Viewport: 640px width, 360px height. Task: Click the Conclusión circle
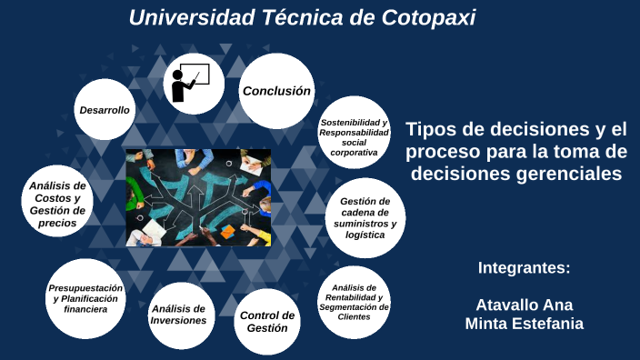pyautogui.click(x=276, y=91)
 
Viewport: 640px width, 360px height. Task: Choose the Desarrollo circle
pyautogui.click(x=105, y=110)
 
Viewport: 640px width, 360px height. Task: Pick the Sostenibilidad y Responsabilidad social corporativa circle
pyautogui.click(x=354, y=137)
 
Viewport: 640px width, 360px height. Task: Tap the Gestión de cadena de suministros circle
pyautogui.click(x=364, y=218)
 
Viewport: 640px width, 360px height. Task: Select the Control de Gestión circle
pyautogui.click(x=267, y=321)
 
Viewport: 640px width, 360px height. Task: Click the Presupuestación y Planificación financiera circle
pyautogui.click(x=85, y=297)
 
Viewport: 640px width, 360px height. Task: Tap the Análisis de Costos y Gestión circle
pyautogui.click(x=57, y=204)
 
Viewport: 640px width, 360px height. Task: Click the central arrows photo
pyautogui.click(x=198, y=197)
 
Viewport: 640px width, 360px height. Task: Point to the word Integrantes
pyautogui.click(x=523, y=268)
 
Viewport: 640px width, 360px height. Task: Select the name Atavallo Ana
pyautogui.click(x=524, y=305)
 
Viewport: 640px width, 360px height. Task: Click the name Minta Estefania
pyautogui.click(x=524, y=323)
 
